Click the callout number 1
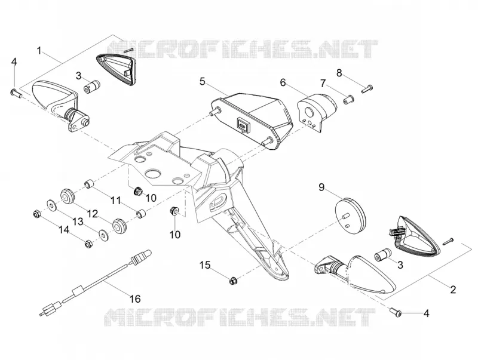[x=39, y=51]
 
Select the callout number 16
[x=136, y=299]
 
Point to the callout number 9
[x=321, y=187]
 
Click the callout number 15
[x=205, y=265]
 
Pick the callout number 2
[x=453, y=290]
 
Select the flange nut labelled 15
[x=234, y=281]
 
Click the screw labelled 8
[x=367, y=88]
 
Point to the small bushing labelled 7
[x=348, y=99]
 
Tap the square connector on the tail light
[x=243, y=124]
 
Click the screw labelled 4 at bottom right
[x=396, y=312]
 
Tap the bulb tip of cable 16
[x=147, y=253]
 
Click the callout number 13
[x=78, y=221]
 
